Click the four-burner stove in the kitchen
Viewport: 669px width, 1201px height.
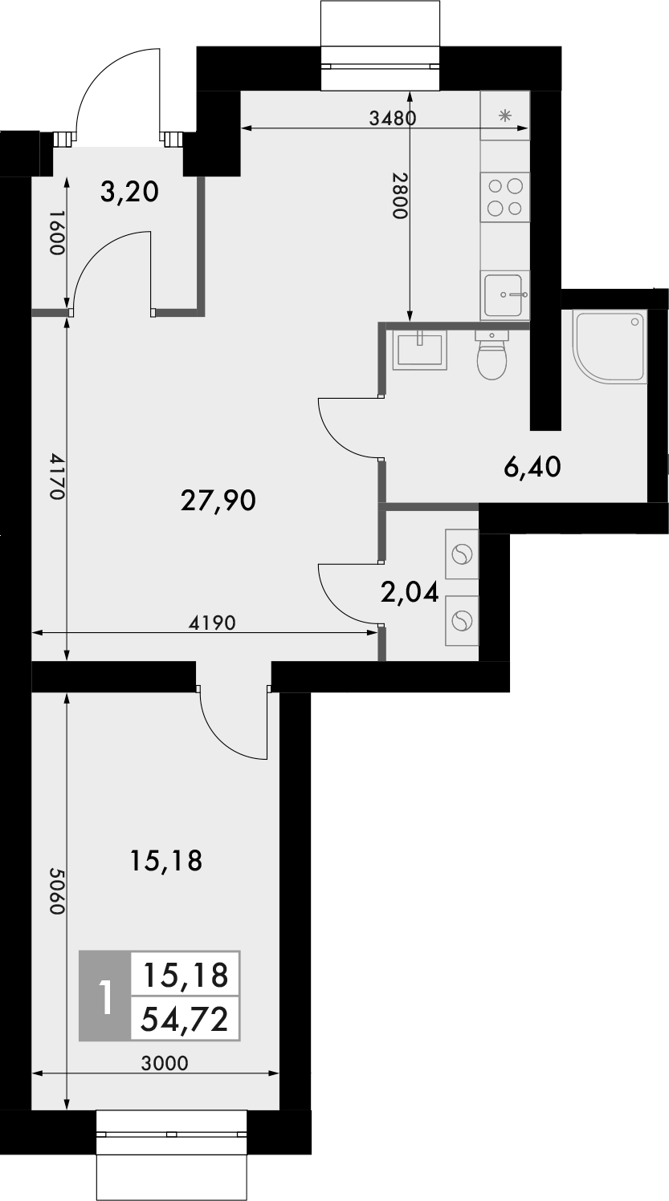(x=505, y=197)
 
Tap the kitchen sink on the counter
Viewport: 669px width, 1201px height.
(x=505, y=295)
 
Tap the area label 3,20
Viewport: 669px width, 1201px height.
(x=130, y=192)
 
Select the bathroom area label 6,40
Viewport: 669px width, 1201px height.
(x=532, y=465)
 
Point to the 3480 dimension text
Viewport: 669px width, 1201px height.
(x=392, y=119)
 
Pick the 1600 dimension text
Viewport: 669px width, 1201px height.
(x=55, y=233)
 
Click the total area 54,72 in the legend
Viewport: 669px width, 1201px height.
(x=184, y=1019)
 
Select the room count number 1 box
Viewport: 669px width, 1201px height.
(x=104, y=996)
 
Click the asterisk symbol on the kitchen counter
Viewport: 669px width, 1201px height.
(x=505, y=116)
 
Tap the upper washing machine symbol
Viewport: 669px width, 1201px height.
(x=461, y=554)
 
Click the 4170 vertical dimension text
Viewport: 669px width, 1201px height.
(x=55, y=477)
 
